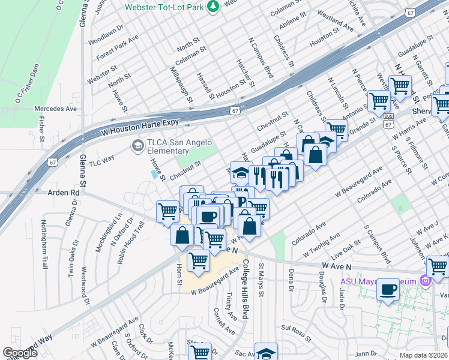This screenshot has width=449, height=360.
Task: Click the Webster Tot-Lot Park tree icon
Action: coord(212,7)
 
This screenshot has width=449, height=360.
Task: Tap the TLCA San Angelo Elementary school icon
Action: coord(137,145)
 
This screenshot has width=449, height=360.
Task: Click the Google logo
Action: coord(20,353)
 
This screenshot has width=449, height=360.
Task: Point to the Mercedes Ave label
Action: coord(56,109)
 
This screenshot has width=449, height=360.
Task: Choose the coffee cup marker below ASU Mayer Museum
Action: coord(388,291)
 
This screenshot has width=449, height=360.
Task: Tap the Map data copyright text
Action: coord(423,355)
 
